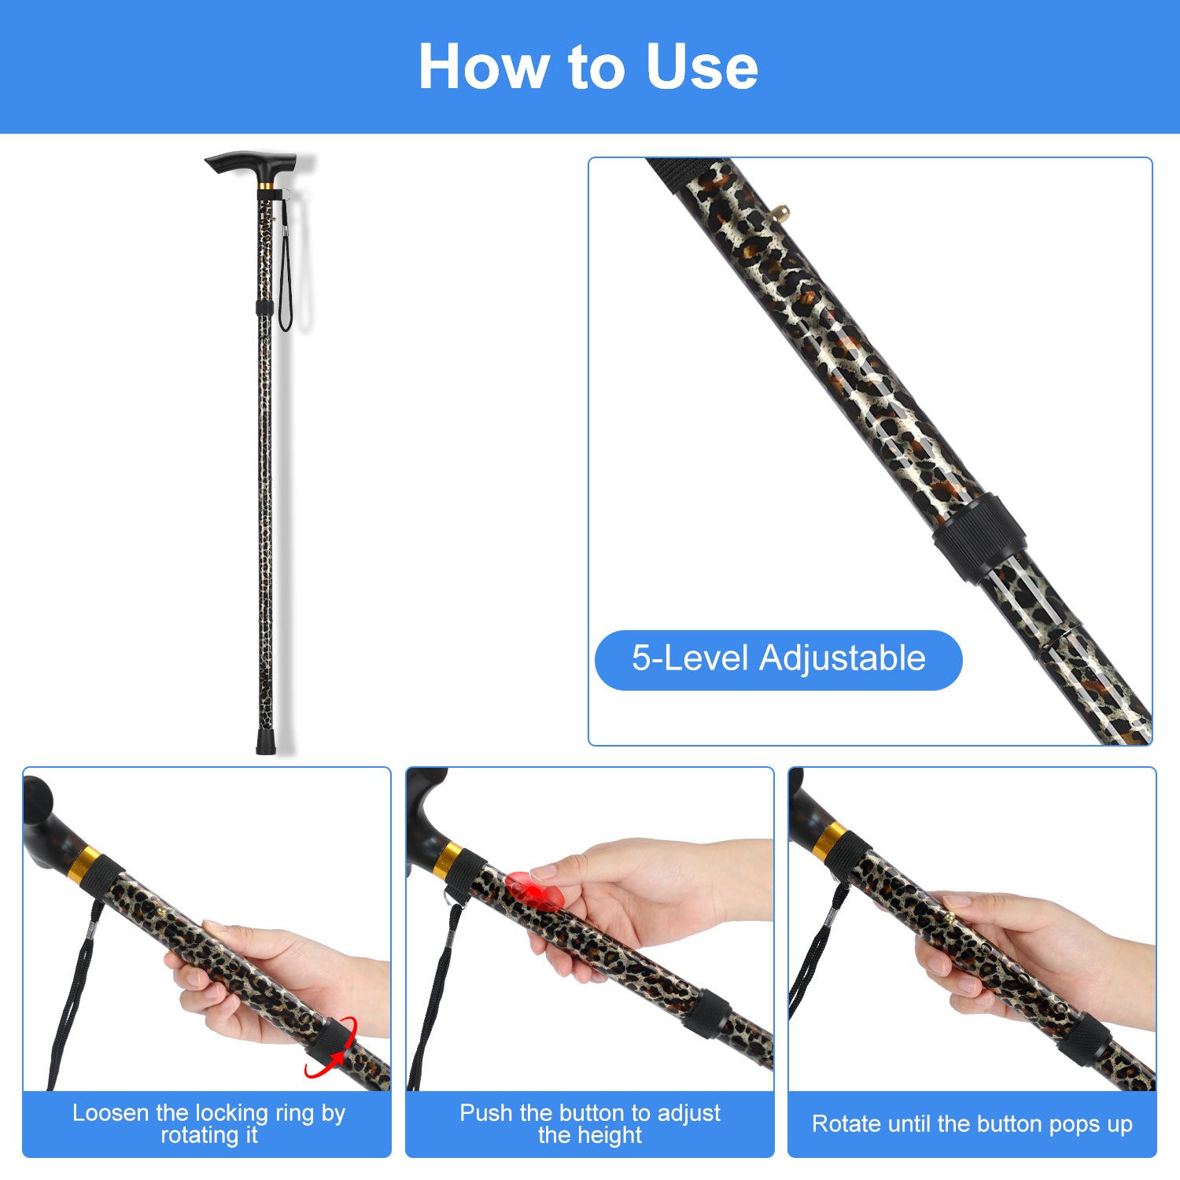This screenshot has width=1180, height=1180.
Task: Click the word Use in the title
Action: point(702,67)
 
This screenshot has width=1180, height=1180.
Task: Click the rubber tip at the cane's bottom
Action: point(266,743)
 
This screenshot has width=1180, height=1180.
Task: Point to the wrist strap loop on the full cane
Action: point(284,267)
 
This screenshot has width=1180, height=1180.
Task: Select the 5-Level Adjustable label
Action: point(778,659)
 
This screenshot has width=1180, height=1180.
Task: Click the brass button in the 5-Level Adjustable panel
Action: point(781,211)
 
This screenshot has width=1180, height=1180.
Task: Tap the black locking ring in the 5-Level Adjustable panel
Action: point(979,537)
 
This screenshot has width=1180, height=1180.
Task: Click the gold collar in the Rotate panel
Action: point(831,842)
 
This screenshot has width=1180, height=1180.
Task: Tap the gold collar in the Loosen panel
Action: point(83,865)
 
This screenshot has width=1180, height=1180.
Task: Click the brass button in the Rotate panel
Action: point(950,918)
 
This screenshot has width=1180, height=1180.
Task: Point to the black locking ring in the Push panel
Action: point(706,1012)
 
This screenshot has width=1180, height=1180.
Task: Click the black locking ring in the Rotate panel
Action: point(1084,1039)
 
